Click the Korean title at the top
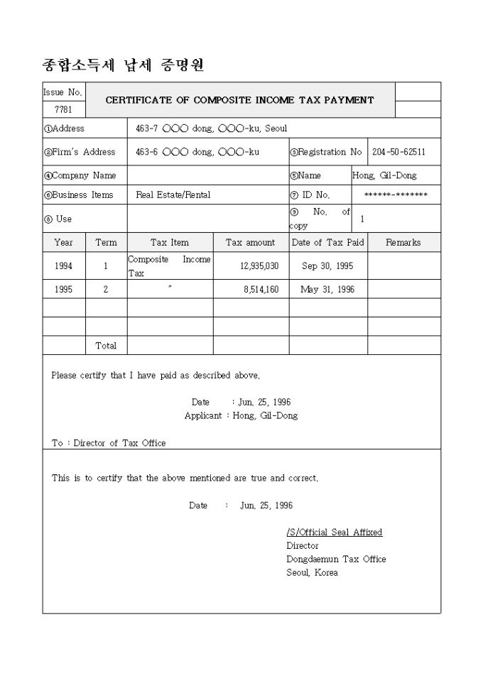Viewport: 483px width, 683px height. tap(124, 66)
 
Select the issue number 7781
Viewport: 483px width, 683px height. tap(63, 109)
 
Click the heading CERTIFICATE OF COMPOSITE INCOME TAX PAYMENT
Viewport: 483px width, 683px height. tap(239, 100)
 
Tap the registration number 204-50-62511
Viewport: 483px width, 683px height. tap(399, 152)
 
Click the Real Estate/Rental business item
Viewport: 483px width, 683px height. tap(173, 195)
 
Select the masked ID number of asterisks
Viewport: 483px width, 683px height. tap(396, 195)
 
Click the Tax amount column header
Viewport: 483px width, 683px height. tap(250, 242)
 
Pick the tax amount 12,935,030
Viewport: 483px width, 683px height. tap(259, 266)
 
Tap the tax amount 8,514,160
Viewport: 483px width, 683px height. tap(261, 290)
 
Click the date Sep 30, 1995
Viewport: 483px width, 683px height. tap(327, 266)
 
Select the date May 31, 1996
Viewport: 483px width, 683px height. tap(327, 290)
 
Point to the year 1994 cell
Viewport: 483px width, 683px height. tap(63, 266)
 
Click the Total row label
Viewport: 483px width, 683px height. tap(106, 346)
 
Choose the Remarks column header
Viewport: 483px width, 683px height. tap(403, 242)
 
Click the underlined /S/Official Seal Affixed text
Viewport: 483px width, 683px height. tap(334, 532)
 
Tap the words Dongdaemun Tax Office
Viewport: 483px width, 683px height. tap(336, 559)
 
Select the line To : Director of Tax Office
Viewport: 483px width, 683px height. tap(109, 443)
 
